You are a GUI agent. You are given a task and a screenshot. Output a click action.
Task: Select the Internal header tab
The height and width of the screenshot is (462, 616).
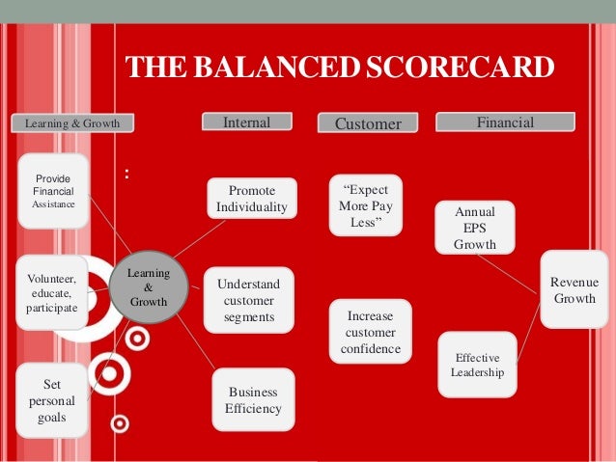coord(246,122)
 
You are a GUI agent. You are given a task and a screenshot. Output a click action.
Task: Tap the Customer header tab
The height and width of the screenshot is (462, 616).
coord(368,123)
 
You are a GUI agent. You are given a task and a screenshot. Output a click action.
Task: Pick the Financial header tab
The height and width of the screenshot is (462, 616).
coord(505,122)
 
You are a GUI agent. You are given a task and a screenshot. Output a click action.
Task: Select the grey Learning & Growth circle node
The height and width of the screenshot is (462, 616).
coord(148,287)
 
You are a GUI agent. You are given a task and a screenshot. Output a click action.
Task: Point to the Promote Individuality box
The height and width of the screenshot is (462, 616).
coord(252,199)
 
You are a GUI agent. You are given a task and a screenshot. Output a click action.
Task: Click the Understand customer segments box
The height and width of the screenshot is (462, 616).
coord(248,300)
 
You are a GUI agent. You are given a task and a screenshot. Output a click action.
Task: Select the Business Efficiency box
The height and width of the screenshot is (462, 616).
coord(253,399)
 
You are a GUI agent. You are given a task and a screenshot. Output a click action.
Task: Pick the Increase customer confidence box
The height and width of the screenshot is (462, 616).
coord(370,332)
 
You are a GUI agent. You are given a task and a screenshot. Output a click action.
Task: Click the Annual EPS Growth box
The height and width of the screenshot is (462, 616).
coord(475,228)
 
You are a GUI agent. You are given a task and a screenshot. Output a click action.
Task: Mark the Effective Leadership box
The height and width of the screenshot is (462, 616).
coord(477,365)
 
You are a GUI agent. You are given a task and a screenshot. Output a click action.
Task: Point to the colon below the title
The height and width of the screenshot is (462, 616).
coord(127,177)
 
